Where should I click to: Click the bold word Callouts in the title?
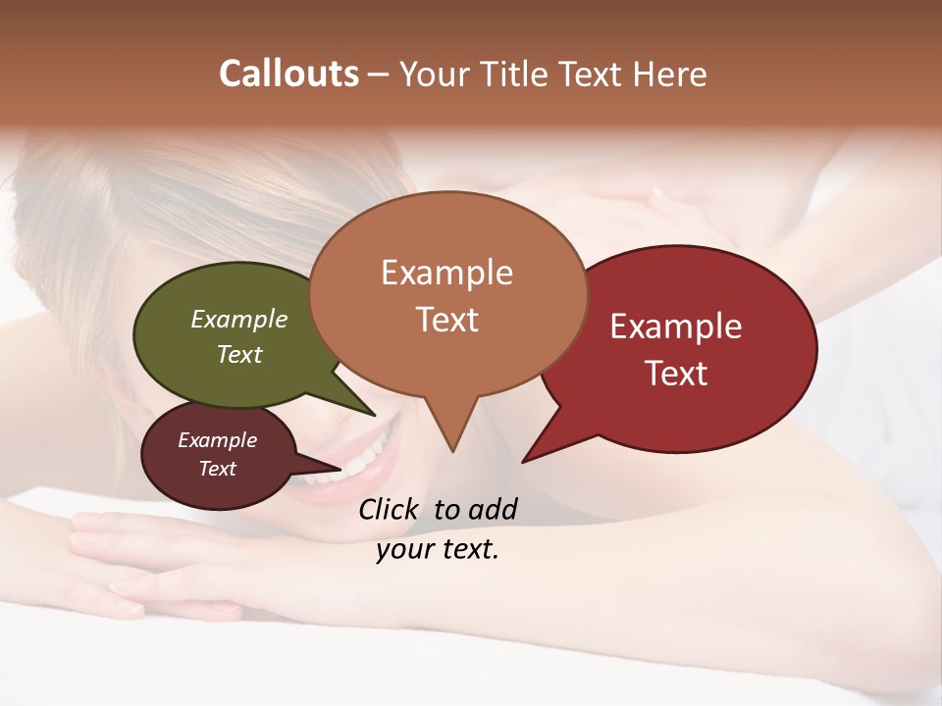[288, 74]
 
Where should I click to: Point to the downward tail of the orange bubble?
[452, 427]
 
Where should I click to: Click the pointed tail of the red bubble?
[545, 441]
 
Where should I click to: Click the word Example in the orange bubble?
[446, 273]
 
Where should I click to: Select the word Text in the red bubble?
[677, 374]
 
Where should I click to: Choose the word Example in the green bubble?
[239, 320]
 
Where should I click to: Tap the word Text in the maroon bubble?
[218, 469]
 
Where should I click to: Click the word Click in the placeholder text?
[391, 509]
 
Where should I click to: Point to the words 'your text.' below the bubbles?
[438, 550]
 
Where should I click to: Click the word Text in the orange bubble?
[447, 320]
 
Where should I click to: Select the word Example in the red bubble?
[676, 327]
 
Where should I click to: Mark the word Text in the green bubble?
[239, 355]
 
